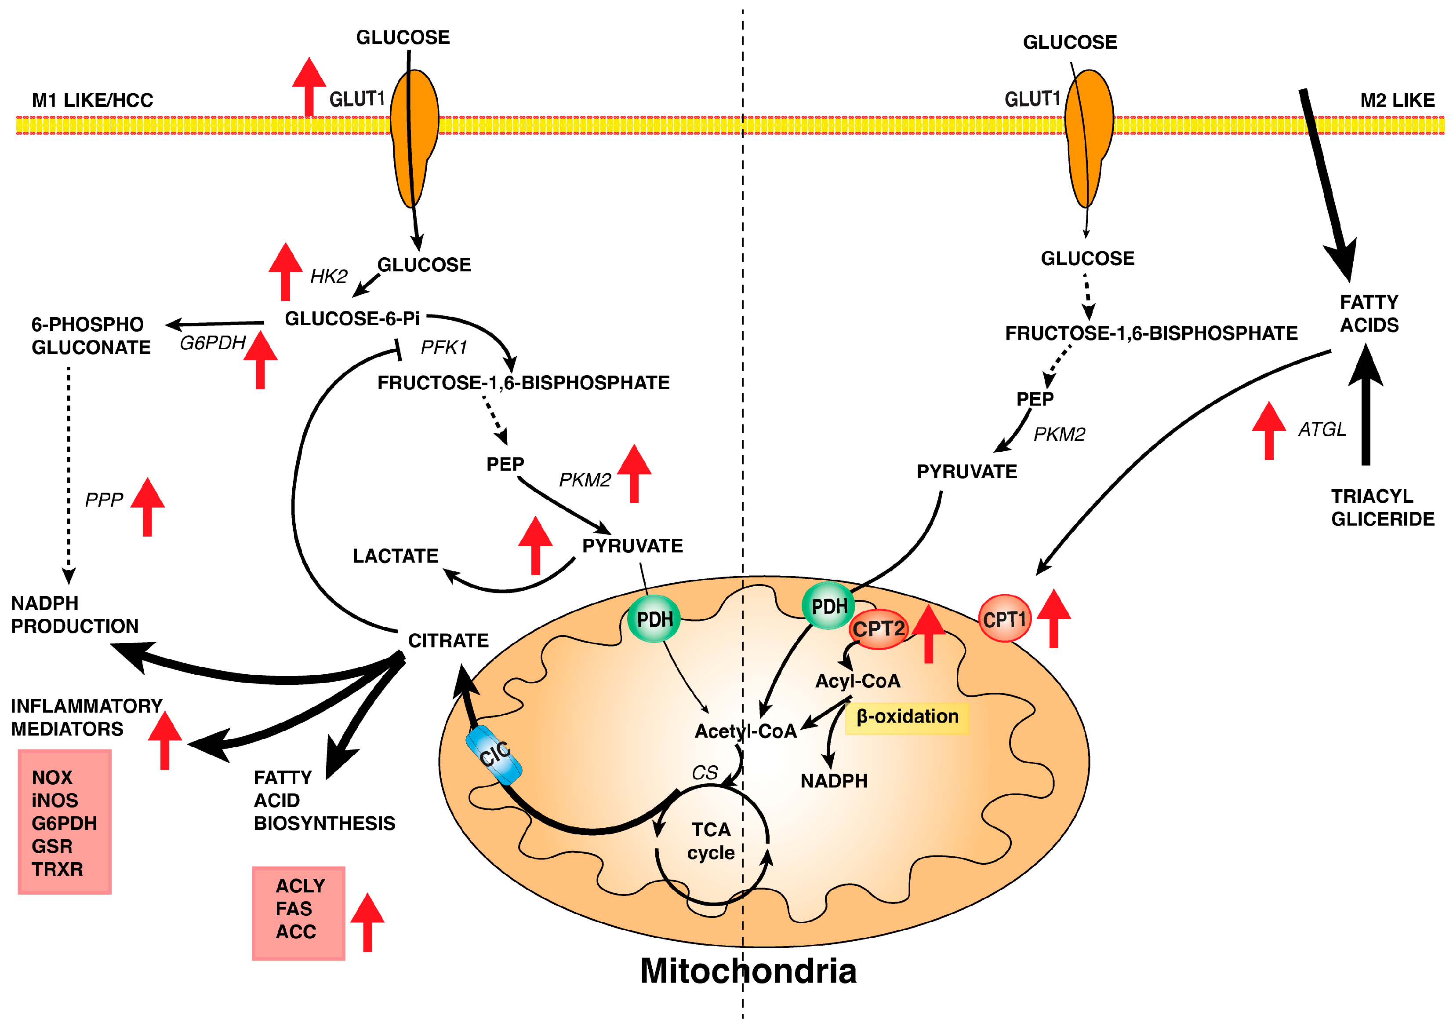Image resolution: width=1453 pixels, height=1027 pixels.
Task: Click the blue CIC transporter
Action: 494,755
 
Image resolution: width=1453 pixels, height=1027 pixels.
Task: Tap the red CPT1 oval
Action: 1004,618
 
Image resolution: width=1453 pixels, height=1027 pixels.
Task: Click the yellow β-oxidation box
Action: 907,717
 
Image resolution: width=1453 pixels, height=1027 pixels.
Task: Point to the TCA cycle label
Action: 711,841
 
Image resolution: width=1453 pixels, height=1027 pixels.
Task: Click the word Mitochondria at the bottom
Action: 748,971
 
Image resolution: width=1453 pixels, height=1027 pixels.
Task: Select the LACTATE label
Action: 396,556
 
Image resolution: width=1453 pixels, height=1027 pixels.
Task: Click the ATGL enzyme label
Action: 1322,429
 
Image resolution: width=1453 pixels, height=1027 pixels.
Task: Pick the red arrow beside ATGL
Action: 1269,431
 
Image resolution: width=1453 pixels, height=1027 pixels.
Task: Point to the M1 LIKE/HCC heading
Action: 92,100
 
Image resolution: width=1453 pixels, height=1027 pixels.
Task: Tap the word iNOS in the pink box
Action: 54,800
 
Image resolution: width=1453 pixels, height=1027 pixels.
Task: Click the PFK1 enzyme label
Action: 443,347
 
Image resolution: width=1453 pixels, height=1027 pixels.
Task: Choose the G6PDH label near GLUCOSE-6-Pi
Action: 213,343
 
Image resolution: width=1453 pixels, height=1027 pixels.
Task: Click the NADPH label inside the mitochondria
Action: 834,781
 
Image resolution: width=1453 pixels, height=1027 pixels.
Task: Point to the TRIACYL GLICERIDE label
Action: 1383,507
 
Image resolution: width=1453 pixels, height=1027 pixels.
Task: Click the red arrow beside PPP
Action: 147,507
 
